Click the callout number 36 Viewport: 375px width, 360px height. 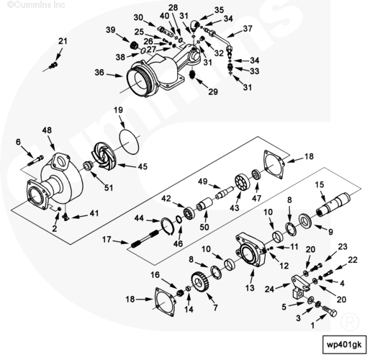99,72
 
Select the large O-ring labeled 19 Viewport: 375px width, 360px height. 130,141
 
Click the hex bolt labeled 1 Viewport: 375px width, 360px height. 330,311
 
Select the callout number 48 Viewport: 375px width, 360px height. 47,130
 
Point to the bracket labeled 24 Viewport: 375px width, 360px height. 300,287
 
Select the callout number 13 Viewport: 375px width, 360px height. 250,287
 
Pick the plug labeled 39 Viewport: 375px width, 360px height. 135,45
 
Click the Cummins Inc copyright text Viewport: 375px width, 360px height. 36,4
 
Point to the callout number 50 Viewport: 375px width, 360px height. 204,227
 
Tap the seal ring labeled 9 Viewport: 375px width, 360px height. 305,220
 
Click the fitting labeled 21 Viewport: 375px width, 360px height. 54,65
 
